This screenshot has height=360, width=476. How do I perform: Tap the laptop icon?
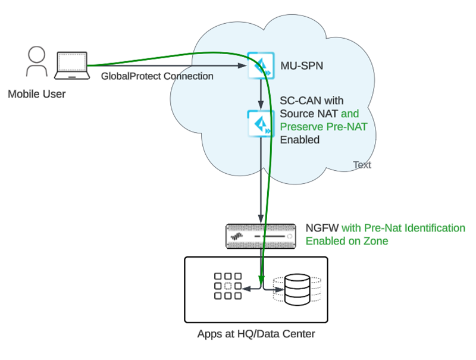tap(72, 65)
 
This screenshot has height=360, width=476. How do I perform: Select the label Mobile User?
tap(37, 94)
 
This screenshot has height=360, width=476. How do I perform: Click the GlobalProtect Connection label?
tap(157, 76)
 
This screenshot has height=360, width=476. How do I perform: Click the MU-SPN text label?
tap(302, 65)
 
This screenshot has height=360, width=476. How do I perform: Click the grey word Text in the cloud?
tap(362, 165)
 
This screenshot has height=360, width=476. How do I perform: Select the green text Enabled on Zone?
tap(347, 241)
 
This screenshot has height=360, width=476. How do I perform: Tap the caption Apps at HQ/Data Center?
tap(256, 334)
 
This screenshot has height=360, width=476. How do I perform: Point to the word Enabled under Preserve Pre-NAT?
tap(300, 140)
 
